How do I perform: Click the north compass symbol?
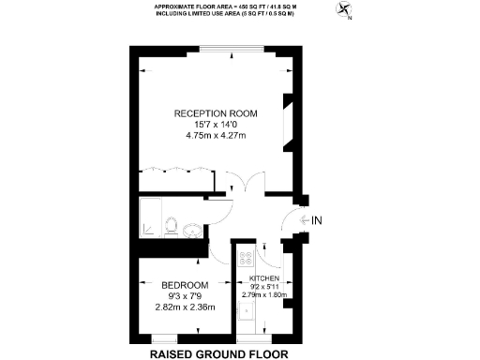(347, 12)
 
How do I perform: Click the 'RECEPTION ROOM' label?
(216, 113)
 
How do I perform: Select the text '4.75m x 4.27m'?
(216, 137)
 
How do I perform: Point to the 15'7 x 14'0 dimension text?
(216, 126)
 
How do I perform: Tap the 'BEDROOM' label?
(184, 285)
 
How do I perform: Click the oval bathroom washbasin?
(191, 231)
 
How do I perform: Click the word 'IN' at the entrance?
(318, 221)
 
